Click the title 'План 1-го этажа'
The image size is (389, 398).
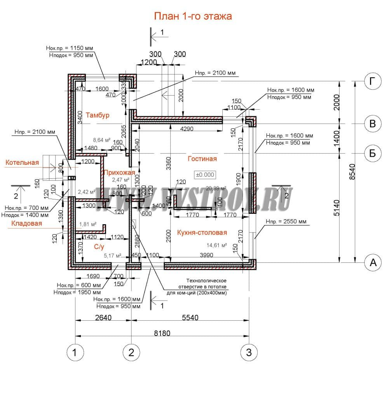point(193,16)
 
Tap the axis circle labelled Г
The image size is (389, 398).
point(372,81)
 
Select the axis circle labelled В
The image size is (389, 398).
point(372,124)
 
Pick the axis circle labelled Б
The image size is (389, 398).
point(372,153)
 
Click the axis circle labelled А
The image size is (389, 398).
point(372,262)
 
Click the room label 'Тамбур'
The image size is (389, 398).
point(98,115)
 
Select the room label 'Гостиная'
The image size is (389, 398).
point(202,159)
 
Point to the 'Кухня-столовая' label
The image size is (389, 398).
point(202,232)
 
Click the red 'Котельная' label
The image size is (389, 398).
point(22,162)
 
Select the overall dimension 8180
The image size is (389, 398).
point(162,333)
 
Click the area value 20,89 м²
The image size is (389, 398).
point(216,187)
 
